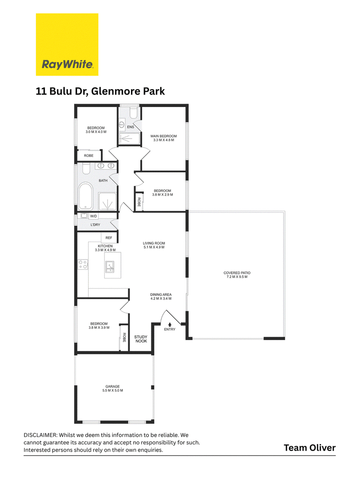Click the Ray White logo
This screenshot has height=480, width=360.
(x=67, y=45)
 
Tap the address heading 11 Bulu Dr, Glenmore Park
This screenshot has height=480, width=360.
(x=100, y=91)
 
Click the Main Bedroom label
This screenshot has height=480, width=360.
(x=163, y=136)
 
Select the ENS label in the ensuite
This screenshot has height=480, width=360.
(x=130, y=127)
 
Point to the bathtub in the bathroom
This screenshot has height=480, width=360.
(x=85, y=196)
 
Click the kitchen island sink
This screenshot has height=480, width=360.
(x=110, y=267)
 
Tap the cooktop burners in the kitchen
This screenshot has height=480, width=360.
(x=83, y=265)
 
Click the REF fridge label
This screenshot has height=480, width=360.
(x=108, y=238)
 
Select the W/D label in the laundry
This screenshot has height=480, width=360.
(x=93, y=216)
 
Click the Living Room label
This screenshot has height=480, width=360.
(x=154, y=243)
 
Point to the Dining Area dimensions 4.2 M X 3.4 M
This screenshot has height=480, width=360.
(x=161, y=298)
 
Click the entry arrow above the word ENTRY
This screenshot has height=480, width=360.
(x=170, y=324)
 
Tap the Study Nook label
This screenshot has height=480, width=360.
(x=141, y=339)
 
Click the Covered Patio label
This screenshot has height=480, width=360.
(x=237, y=273)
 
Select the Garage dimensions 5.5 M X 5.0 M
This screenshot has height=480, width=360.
(x=112, y=390)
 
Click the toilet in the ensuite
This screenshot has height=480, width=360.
(x=134, y=112)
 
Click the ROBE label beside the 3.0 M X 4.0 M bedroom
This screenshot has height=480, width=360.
(x=89, y=156)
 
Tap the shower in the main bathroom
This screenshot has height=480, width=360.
(x=108, y=202)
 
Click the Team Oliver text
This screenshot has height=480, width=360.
(x=310, y=448)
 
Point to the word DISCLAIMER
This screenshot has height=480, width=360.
(x=40, y=435)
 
